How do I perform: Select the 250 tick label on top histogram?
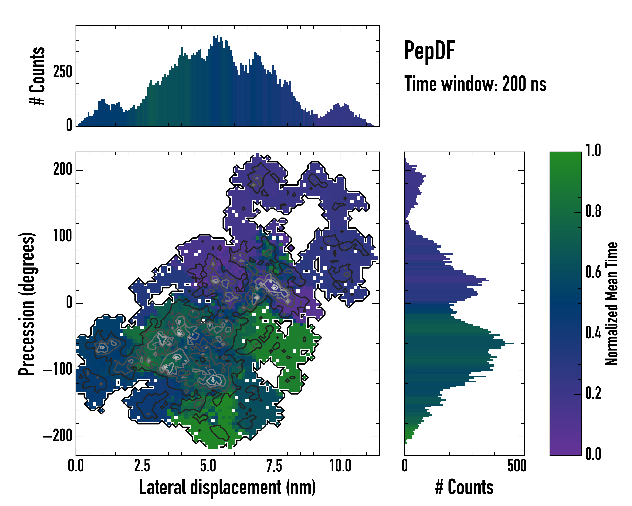pos(62,72)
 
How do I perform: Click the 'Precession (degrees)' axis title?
pos(27,304)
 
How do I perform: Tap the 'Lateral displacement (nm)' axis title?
pos(227,487)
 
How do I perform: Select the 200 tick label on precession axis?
pos(62,170)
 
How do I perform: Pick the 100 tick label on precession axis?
pos(62,236)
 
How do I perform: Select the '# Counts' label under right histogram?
pos(464,487)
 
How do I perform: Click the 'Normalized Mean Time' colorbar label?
pos(611,304)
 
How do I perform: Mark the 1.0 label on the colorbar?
pos(593,151)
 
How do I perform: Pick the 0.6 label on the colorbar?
pos(593,272)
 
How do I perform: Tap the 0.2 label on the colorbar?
pos(593,394)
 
